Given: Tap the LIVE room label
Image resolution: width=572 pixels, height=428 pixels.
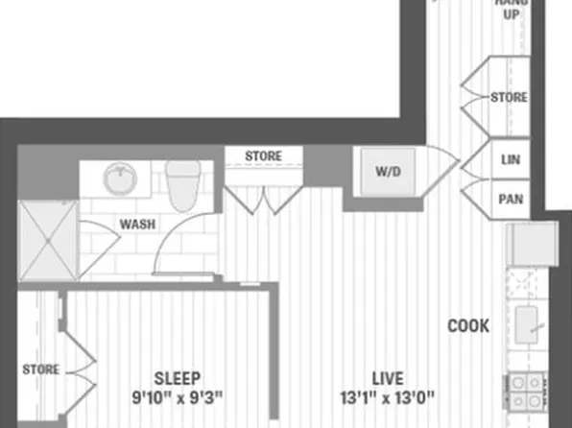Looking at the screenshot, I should pos(387,377).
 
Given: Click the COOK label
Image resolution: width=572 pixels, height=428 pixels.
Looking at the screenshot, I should pos(468,326).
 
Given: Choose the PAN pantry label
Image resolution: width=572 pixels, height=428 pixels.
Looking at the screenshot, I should pos(509,200).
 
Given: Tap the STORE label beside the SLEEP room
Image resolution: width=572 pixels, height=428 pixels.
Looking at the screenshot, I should pos(41,369).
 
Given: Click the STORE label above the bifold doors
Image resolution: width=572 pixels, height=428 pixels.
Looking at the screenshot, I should pos(263,155).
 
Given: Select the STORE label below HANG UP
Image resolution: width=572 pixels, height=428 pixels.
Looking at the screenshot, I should pos(509,98).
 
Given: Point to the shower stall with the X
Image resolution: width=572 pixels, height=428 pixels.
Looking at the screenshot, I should pos(47,241).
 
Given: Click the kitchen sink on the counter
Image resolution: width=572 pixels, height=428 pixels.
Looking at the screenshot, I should pos(528,323).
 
